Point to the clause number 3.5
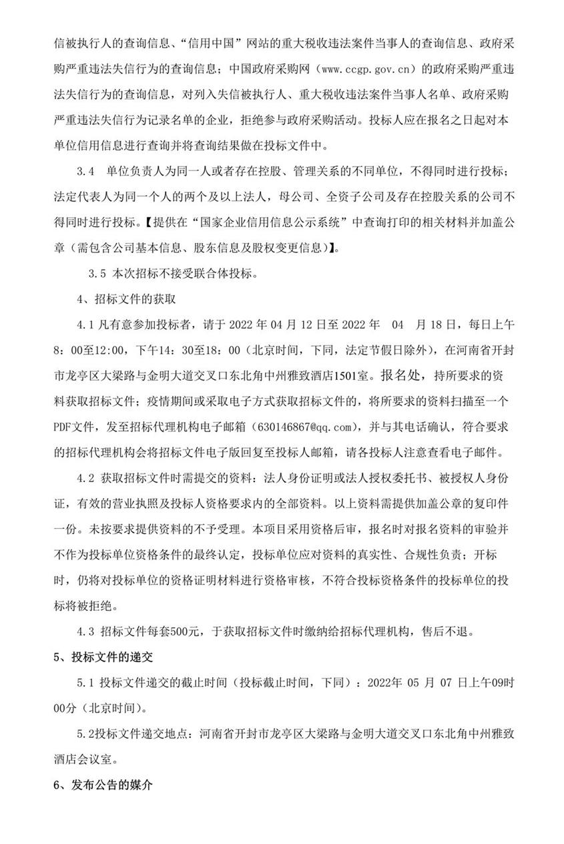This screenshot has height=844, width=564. (97, 272)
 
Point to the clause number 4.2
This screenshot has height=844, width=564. (86, 478)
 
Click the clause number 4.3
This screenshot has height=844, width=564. (86, 631)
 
